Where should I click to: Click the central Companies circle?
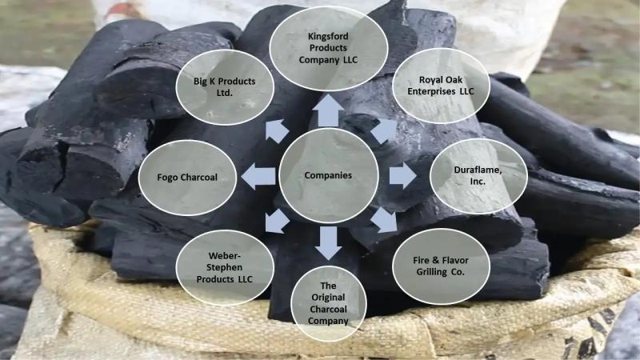(329, 175)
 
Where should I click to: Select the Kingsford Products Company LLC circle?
(328, 48)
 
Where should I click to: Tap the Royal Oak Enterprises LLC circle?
(441, 86)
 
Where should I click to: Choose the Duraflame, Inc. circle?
(478, 176)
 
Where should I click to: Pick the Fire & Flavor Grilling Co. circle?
(441, 266)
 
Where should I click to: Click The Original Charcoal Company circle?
(329, 303)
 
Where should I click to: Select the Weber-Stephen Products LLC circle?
(225, 268)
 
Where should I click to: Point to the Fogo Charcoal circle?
(187, 178)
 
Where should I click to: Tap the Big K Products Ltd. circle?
(225, 87)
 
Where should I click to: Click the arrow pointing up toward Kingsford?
(329, 110)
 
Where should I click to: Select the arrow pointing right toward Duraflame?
(402, 176)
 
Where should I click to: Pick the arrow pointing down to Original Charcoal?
(329, 243)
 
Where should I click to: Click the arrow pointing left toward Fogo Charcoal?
(258, 176)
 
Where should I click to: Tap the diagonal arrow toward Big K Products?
(276, 131)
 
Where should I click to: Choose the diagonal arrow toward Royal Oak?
(384, 130)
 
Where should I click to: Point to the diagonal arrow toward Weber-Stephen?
(277, 222)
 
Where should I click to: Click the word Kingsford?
(328, 36)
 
